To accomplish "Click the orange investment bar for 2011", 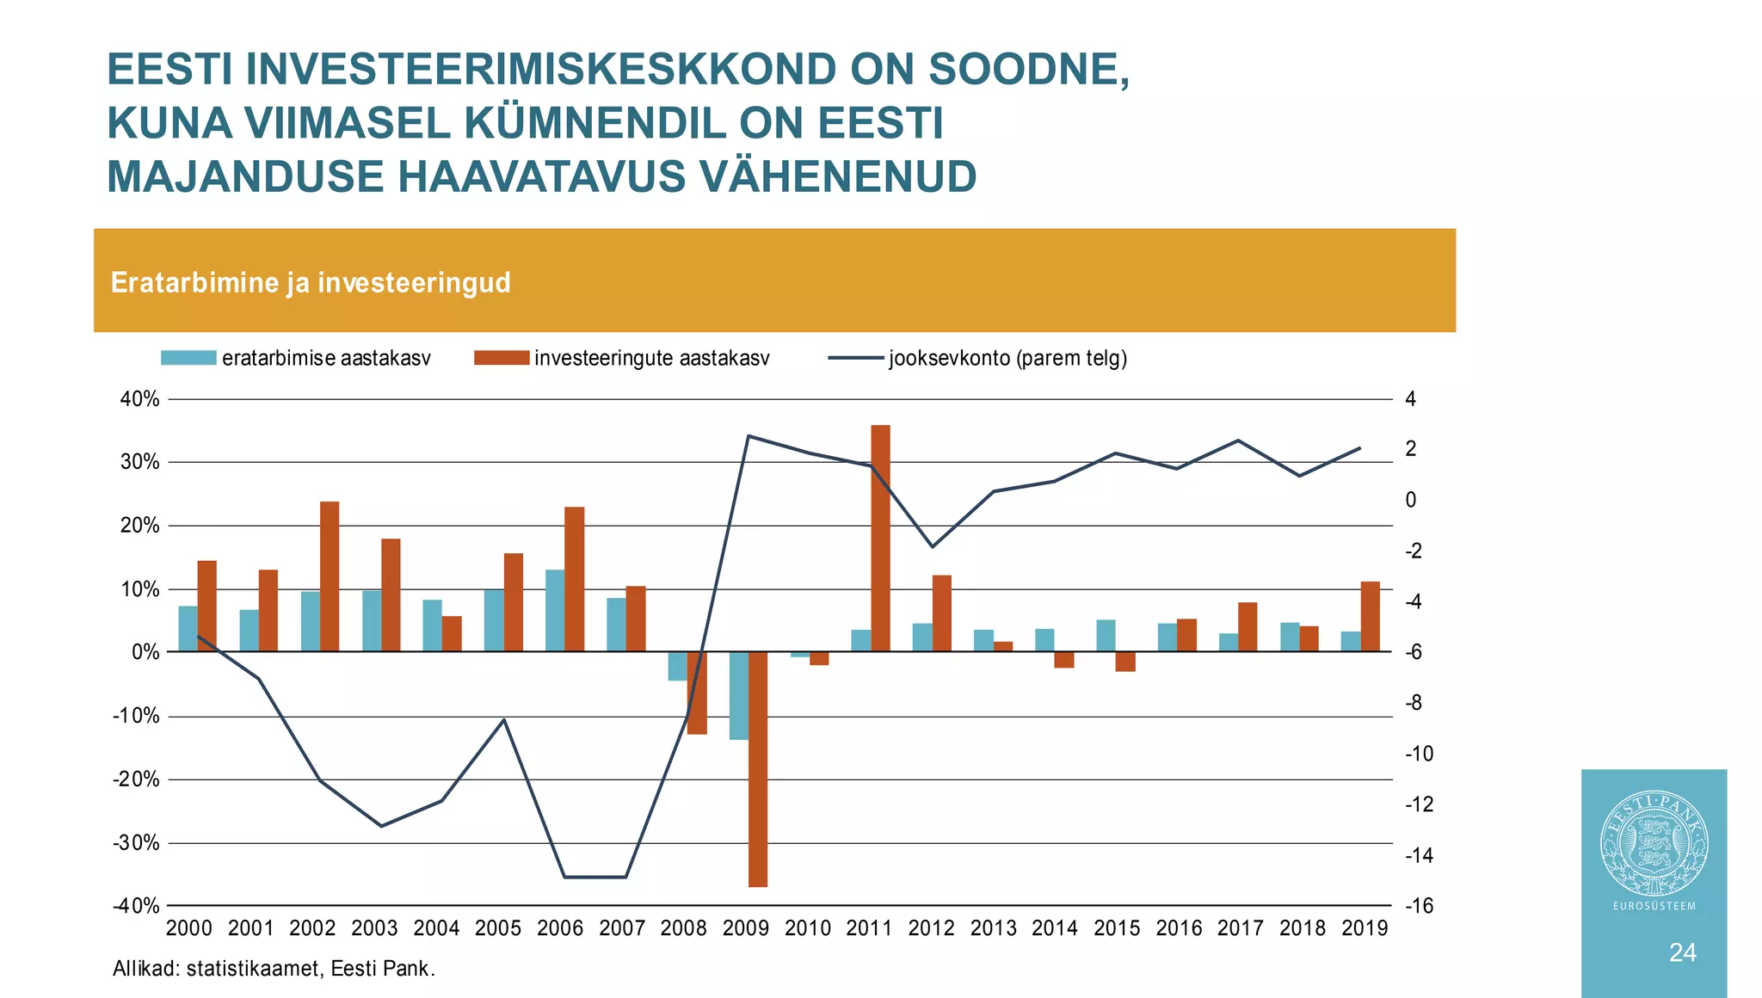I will pyautogui.click(x=880, y=538).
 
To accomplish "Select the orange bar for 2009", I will pyautogui.click(x=757, y=768).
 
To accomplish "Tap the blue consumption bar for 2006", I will pyautogui.click(x=555, y=610).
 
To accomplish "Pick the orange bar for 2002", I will pyautogui.click(x=330, y=576).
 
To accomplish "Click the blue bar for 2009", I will pyautogui.click(x=738, y=695).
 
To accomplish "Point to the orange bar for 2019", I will pyautogui.click(x=1370, y=616).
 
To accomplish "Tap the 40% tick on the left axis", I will pyautogui.click(x=140, y=399).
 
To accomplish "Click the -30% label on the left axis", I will pyautogui.click(x=137, y=843).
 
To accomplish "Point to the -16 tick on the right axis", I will pyautogui.click(x=1419, y=906).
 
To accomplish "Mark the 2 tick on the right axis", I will pyautogui.click(x=1410, y=449).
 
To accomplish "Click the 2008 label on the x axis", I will pyautogui.click(x=683, y=928).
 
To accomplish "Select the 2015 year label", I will pyautogui.click(x=1117, y=928).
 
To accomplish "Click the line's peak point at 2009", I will pyautogui.click(x=749, y=436).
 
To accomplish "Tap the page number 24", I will pyautogui.click(x=1682, y=952).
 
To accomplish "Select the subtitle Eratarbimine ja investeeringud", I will pyautogui.click(x=311, y=282).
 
